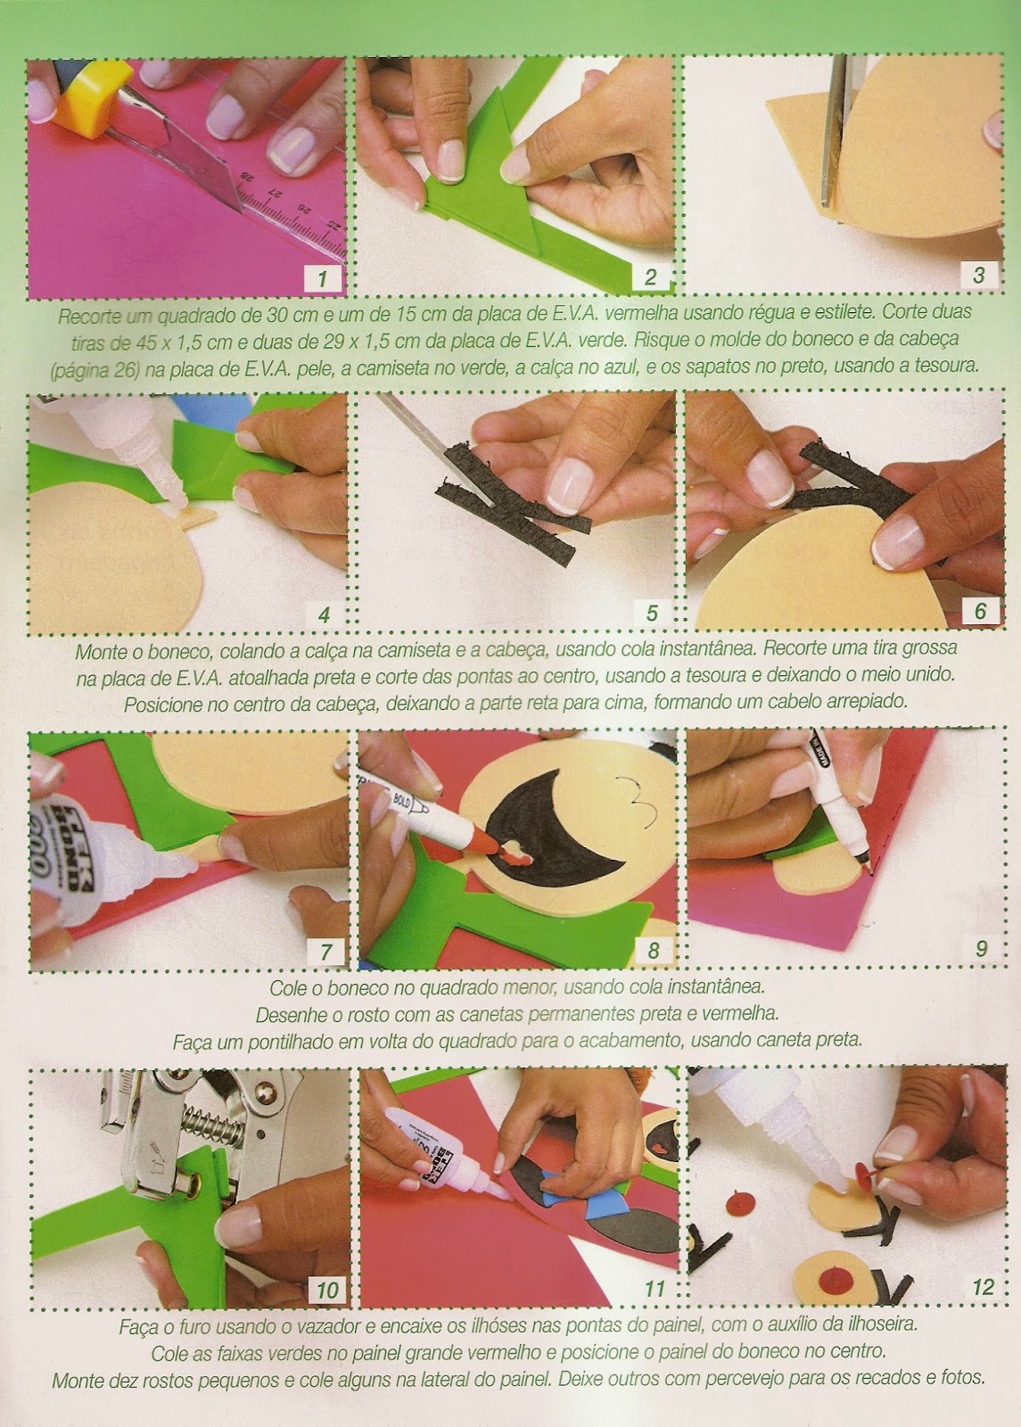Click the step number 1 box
tap(322, 278)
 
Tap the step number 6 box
tap(980, 612)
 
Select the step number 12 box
tap(983, 1287)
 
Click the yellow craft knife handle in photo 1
tap(80, 95)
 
